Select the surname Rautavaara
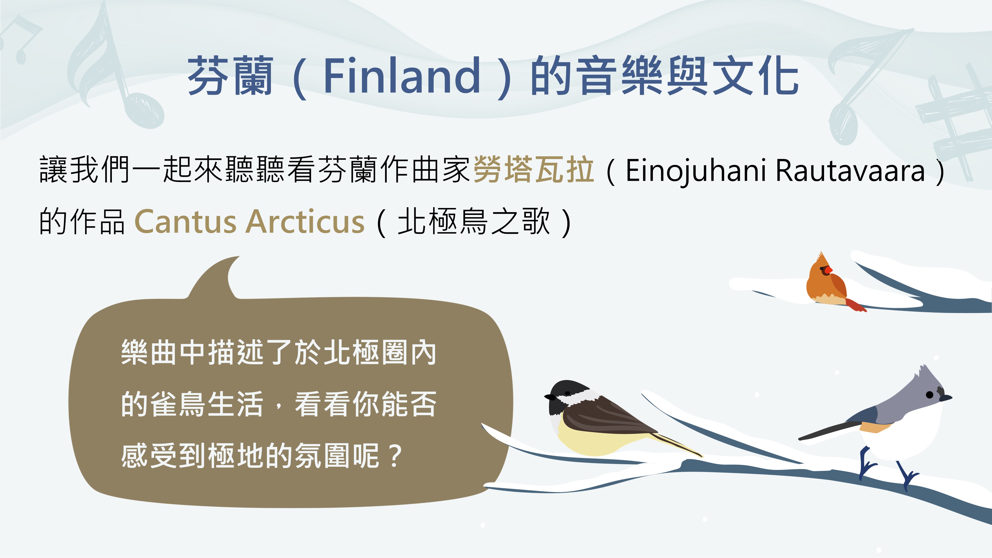pyautogui.click(x=850, y=171)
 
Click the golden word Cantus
pyautogui.click(x=185, y=222)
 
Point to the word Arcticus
pyautogui.click(x=306, y=222)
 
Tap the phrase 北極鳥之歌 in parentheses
pyautogui.click(x=474, y=221)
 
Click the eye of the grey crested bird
pyautogui.click(x=930, y=394)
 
